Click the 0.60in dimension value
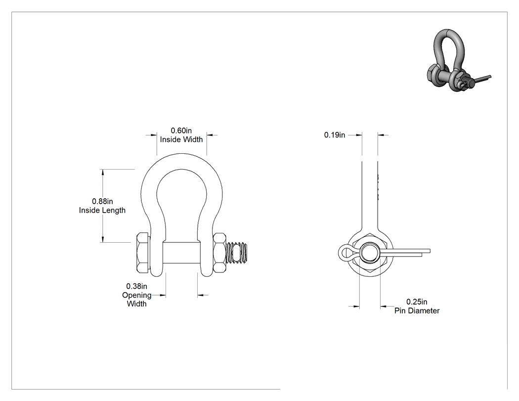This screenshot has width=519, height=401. coord(181,131)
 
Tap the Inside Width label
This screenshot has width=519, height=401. coord(181,140)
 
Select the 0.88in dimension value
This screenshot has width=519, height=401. coord(102,201)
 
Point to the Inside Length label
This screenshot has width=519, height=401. coord(102,210)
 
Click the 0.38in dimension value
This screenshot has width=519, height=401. coord(137,286)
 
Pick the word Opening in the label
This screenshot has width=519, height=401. coord(137,295)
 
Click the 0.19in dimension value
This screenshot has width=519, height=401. coord(335,135)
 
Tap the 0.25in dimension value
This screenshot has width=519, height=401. coord(417,302)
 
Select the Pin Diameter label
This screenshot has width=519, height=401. coord(417,311)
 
